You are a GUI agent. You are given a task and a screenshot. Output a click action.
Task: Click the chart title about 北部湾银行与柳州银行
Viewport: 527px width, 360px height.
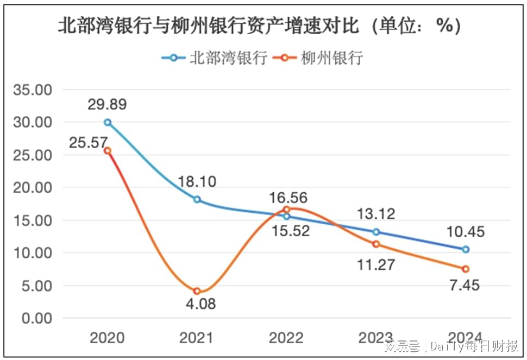(x=260, y=26)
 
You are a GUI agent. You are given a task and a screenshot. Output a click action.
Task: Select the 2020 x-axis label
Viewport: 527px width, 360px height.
(x=107, y=338)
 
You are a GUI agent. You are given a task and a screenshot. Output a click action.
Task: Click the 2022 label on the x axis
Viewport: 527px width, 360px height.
(x=286, y=338)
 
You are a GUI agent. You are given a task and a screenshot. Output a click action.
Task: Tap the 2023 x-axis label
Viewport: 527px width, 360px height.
(x=376, y=338)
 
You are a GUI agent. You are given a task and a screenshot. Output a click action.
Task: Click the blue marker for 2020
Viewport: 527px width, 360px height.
(x=108, y=123)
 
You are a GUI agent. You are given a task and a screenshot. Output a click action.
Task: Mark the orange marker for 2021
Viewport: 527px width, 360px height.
(x=197, y=292)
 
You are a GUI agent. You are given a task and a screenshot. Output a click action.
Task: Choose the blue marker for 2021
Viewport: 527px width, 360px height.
(x=197, y=200)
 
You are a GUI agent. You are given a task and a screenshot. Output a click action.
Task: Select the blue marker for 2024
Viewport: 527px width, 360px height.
(x=466, y=250)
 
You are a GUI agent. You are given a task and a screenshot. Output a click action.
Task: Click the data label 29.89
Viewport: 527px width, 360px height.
(x=107, y=105)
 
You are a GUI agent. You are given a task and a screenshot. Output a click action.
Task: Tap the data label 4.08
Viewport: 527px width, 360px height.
(x=197, y=304)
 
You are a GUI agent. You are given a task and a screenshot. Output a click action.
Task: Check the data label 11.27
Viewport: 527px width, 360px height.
(x=376, y=265)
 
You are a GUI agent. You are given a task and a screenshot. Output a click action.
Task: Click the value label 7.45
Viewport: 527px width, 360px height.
(x=466, y=285)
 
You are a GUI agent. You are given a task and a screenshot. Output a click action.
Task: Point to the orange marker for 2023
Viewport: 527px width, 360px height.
(x=376, y=244)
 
